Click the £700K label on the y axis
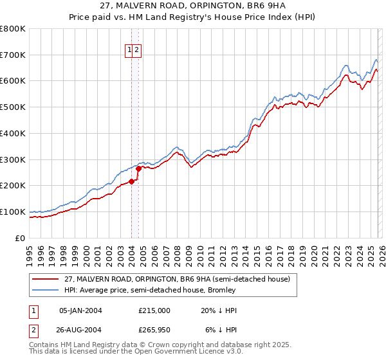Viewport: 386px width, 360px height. tap(13, 55)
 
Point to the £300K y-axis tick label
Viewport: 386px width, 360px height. tap(13, 159)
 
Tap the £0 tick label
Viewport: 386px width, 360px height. tap(21, 238)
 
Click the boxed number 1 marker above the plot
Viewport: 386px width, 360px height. tap(130, 49)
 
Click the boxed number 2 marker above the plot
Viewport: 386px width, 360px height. tap(138, 49)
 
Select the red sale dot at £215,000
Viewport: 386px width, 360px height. tap(131, 181)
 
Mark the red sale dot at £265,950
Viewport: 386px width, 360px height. tap(138, 168)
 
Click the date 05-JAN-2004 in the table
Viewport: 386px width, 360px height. tap(80, 310)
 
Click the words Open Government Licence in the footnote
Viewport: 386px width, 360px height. tap(187, 353)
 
